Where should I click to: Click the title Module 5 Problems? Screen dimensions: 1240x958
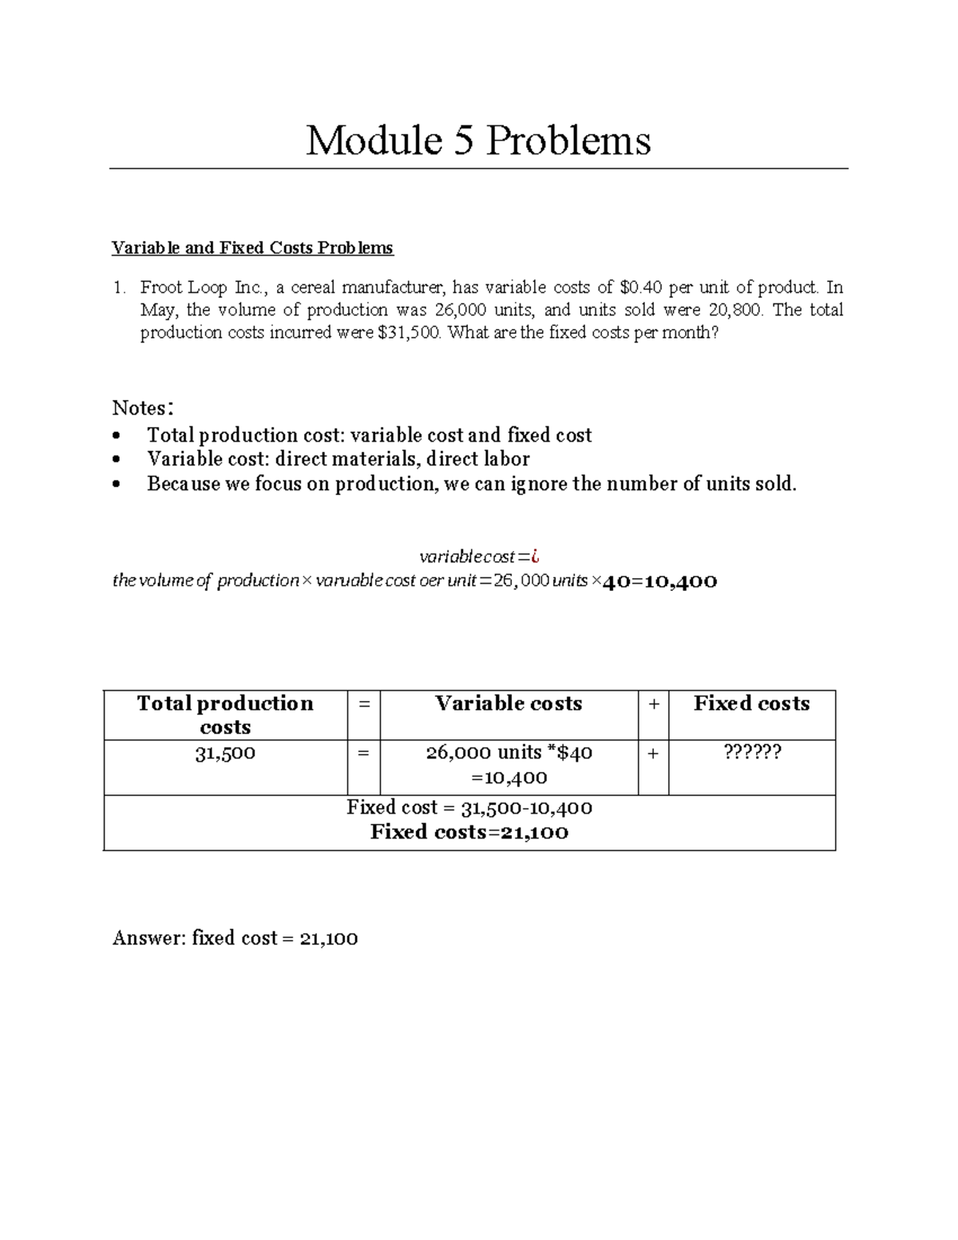(478, 141)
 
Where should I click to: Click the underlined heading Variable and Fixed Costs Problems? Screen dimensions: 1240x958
(252, 248)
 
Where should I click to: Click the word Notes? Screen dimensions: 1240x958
(141, 408)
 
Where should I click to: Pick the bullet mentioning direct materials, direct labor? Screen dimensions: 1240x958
(338, 459)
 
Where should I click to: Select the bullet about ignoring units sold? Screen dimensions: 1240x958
(471, 484)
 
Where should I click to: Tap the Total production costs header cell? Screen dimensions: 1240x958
(225, 715)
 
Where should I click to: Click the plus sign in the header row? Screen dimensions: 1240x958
(653, 703)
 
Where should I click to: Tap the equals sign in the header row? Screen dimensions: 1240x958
(363, 703)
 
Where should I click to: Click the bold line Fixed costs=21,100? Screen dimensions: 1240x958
(469, 832)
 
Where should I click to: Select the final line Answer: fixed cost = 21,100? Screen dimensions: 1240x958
(236, 938)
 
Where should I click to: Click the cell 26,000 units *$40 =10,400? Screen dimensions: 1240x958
(509, 765)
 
